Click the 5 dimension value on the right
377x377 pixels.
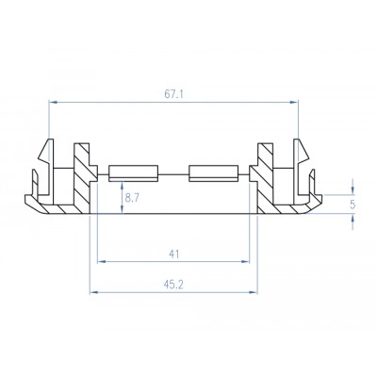pyautogui.click(x=352, y=202)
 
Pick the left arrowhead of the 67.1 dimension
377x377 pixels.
pyautogui.click(x=51, y=103)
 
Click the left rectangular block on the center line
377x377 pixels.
pyautogui.click(x=131, y=172)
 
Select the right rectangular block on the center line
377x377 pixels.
pyautogui.click(x=211, y=172)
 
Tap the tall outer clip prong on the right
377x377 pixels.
pyautogui.click(x=301, y=160)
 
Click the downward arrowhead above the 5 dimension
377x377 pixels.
pyautogui.click(x=352, y=187)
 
